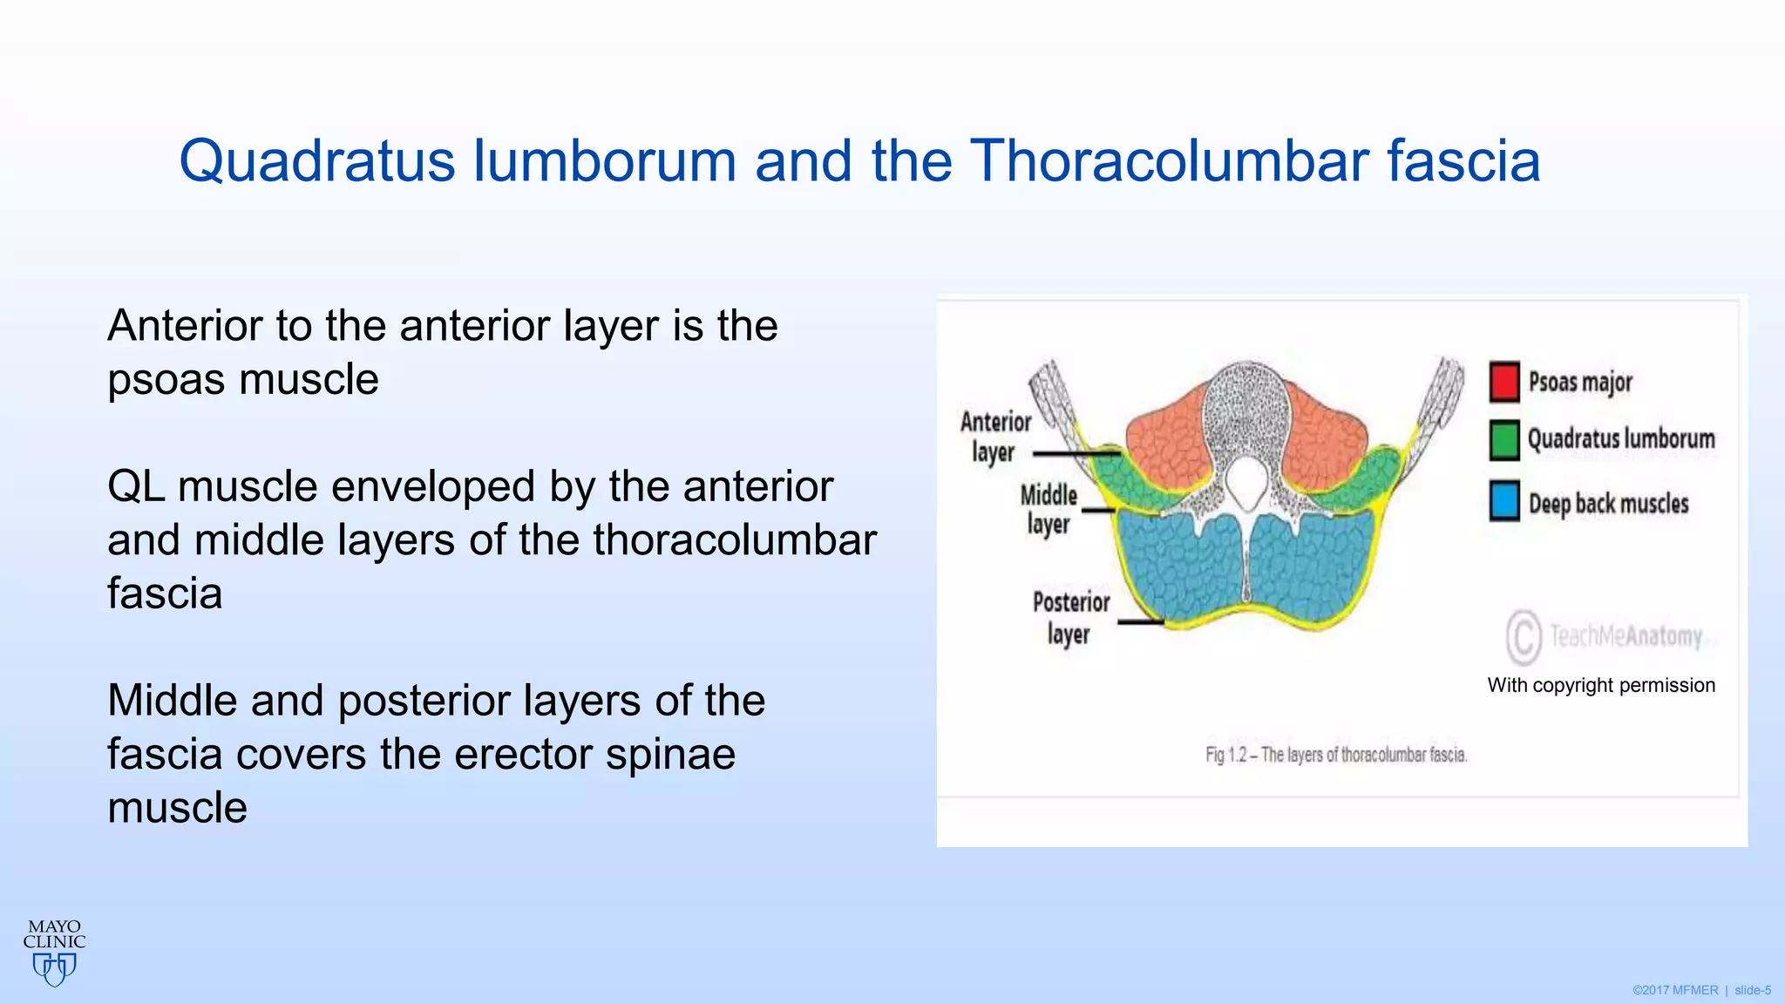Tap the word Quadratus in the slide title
click(316, 161)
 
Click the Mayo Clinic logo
click(54, 952)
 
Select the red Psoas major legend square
click(1504, 382)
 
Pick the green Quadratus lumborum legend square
click(1504, 439)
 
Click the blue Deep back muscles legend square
click(1504, 502)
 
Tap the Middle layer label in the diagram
click(1049, 510)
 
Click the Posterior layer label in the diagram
click(1070, 618)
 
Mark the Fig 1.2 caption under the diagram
click(1336, 755)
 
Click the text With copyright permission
click(1601, 685)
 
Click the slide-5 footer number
click(1752, 990)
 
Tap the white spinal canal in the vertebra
click(1248, 482)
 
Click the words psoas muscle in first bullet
click(242, 380)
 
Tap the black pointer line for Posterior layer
click(1140, 621)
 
